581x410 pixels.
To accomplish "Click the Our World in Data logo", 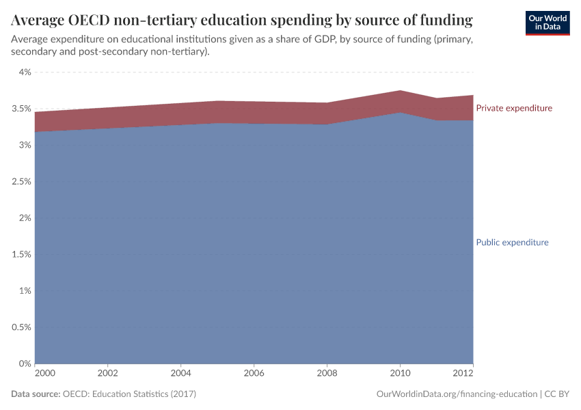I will click(547, 23).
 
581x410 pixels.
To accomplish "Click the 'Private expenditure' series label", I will click(513, 108).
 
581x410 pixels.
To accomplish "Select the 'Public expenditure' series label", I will click(512, 243).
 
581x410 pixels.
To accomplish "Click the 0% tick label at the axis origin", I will click(25, 364).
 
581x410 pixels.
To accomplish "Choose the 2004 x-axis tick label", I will click(180, 374).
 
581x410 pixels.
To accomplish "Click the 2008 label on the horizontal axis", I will click(327, 374).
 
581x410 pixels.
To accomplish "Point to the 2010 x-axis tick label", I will click(400, 374).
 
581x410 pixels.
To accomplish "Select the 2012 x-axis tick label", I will click(464, 374).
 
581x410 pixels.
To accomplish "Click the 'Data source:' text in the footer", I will click(36, 394).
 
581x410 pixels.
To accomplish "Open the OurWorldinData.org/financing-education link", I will click(457, 394).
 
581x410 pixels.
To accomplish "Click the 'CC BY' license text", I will click(557, 394).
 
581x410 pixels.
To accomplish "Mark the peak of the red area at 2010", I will click(400, 91).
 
